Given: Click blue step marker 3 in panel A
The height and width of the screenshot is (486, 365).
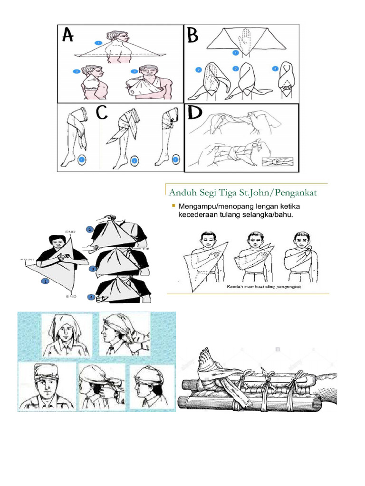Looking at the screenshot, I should (134, 72).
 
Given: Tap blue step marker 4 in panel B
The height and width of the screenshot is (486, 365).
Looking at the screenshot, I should (274, 69).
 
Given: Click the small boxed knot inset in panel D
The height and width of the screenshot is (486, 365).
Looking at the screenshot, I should (277, 162).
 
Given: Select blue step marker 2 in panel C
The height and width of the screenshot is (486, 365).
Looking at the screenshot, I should (134, 161).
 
